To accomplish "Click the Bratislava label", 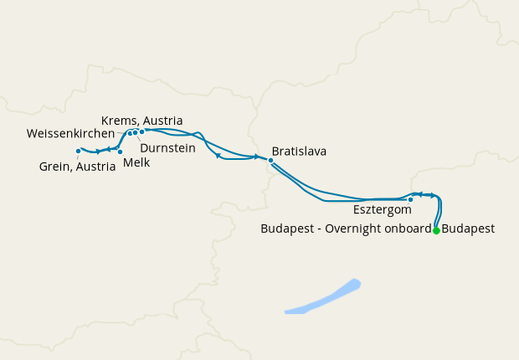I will point(299,152).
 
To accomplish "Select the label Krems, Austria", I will point(141,121).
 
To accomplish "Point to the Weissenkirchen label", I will point(70,134).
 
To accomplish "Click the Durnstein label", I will point(168,147).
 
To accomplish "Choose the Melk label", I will point(136,162).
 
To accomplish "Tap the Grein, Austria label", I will point(78,166).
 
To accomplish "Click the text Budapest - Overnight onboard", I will point(346,228).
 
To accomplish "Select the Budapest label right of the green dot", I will point(468,228).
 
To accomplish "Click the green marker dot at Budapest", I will point(436,230).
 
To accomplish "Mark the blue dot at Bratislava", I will point(270,159).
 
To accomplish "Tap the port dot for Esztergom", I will point(410,199).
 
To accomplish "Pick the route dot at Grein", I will point(78,151).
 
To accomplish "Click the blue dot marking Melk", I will point(120,152).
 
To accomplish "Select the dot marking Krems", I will point(142,131).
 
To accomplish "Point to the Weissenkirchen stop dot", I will point(129,133).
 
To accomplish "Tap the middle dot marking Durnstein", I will point(135,132).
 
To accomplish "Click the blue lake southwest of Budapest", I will point(326,297).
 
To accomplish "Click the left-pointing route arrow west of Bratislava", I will point(218,155).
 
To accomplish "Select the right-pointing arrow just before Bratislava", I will point(256,157).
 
